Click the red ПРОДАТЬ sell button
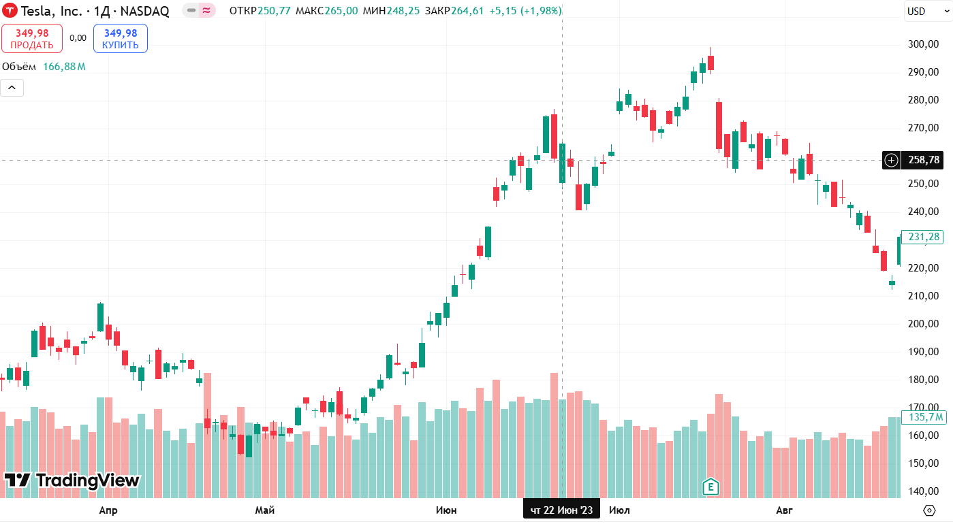click(x=32, y=39)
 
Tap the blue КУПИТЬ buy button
click(x=121, y=39)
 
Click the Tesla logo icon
click(x=10, y=11)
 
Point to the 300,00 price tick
click(x=924, y=44)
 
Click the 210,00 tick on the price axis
click(x=924, y=296)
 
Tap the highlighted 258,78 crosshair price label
click(x=924, y=161)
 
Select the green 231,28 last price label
click(x=924, y=237)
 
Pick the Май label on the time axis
click(x=265, y=510)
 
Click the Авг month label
click(x=785, y=510)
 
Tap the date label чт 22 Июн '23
click(x=561, y=510)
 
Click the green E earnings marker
click(x=710, y=487)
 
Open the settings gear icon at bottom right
click(x=929, y=510)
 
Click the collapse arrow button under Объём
click(x=12, y=87)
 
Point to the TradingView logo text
click(x=87, y=480)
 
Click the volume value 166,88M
click(x=64, y=67)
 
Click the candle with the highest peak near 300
click(x=710, y=62)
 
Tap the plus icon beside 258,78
click(x=891, y=161)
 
